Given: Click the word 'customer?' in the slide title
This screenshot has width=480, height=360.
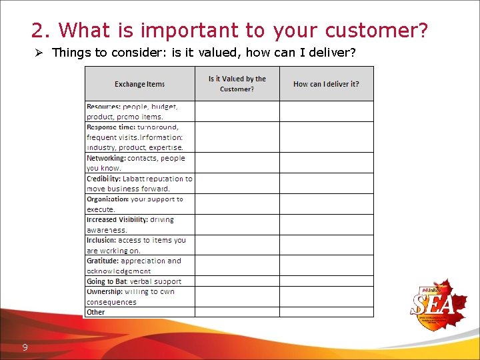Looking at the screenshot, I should click(x=377, y=31).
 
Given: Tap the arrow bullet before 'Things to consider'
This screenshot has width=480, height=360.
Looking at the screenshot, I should click(x=39, y=52).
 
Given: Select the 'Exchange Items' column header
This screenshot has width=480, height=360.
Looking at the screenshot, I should click(x=139, y=84).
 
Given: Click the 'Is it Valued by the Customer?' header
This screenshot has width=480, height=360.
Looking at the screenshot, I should click(x=237, y=84).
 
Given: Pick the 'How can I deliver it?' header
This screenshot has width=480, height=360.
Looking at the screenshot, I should click(x=326, y=84).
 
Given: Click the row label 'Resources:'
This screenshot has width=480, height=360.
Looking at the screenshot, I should click(x=103, y=107).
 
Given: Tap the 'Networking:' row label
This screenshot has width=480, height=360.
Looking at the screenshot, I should click(x=106, y=158).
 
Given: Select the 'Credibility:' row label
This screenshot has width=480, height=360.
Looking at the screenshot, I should click(x=103, y=179).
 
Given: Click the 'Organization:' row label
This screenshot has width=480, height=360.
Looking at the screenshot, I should click(x=107, y=199).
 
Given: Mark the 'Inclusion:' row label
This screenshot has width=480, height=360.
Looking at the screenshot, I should click(x=101, y=240).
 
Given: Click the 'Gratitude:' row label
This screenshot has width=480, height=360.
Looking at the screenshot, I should click(x=103, y=261).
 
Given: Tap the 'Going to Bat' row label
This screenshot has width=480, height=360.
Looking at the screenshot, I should click(x=105, y=281).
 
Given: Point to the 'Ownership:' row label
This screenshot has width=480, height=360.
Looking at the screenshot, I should click(x=105, y=291).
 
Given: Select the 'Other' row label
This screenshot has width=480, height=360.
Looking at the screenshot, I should click(x=96, y=312).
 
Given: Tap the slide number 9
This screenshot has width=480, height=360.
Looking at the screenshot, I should click(x=25, y=347).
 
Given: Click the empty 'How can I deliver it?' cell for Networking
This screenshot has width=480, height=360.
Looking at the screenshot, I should click(x=326, y=163).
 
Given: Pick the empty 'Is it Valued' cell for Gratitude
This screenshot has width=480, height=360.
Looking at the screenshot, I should click(x=237, y=265).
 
